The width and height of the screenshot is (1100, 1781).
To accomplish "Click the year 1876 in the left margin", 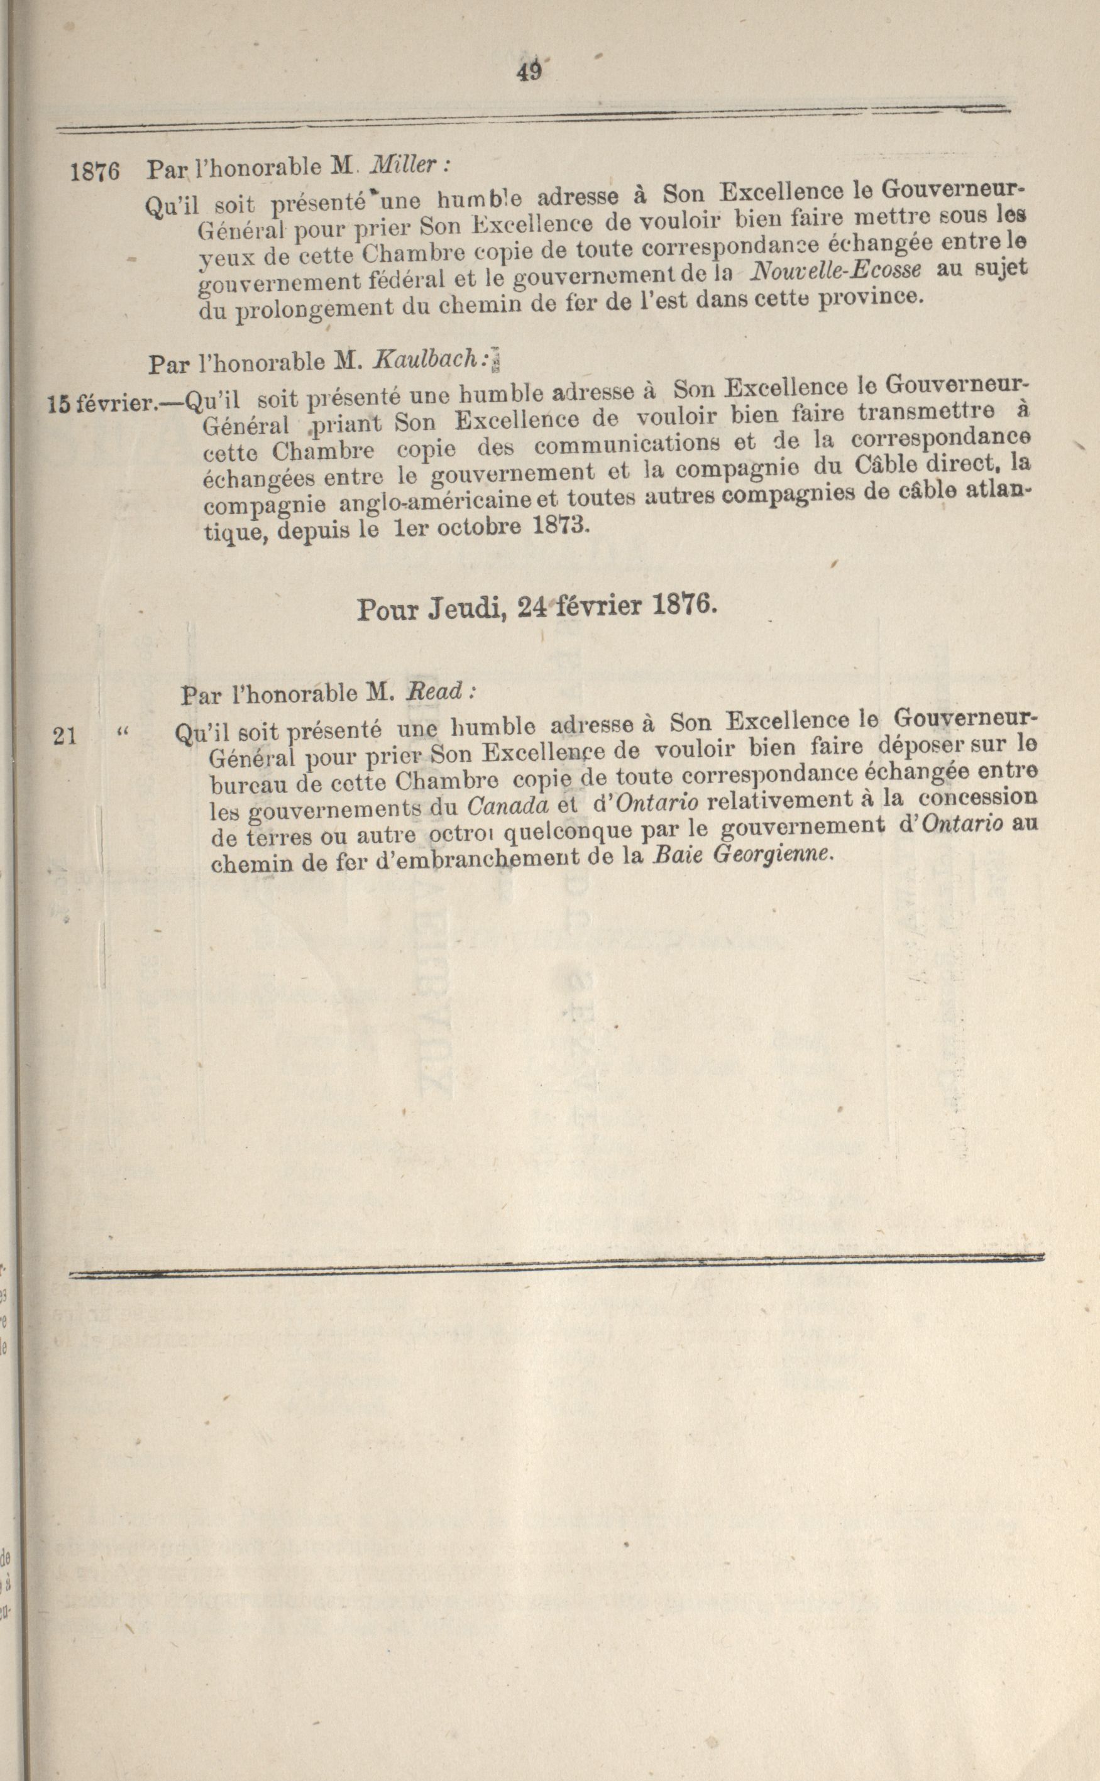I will click(x=94, y=172).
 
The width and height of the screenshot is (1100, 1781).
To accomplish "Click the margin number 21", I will click(x=65, y=737).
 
